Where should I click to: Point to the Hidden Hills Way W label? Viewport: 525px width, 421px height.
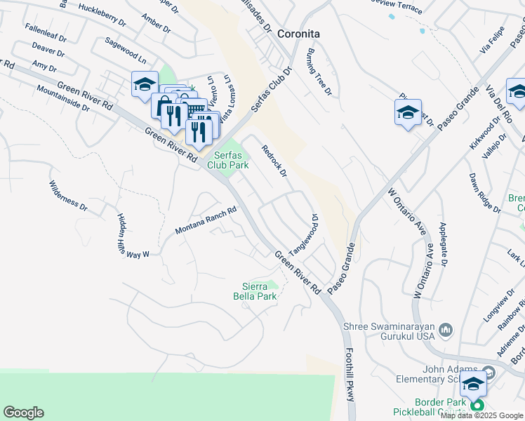(x=133, y=236)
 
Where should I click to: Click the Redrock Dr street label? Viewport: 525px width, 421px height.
(x=274, y=161)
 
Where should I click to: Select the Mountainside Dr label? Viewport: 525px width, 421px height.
(x=63, y=99)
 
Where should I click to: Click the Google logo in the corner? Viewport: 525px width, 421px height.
(x=23, y=413)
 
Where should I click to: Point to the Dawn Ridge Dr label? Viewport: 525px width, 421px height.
(x=485, y=192)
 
